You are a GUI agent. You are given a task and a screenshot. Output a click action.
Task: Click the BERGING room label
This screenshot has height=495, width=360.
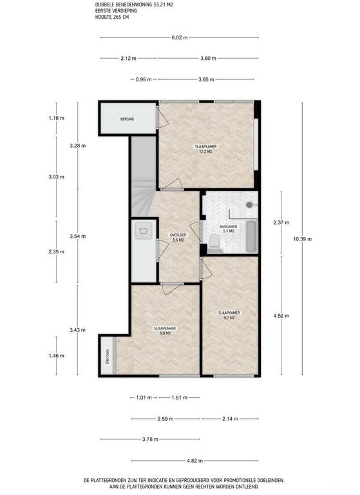click(127, 119)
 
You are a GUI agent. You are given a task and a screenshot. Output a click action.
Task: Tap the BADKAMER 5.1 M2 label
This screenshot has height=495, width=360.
click(229, 229)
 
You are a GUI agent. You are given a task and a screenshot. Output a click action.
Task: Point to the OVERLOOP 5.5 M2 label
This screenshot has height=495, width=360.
click(177, 238)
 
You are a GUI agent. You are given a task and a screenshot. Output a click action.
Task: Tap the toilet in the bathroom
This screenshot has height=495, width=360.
click(214, 240)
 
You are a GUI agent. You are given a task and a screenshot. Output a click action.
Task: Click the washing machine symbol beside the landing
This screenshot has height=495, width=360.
click(143, 231)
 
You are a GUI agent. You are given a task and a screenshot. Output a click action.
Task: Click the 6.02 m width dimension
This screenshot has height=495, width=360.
click(180, 37)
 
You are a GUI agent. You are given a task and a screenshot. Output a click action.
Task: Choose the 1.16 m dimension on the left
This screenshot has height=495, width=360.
click(57, 118)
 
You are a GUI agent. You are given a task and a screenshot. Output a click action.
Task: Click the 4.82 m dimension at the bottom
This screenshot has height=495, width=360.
click(195, 461)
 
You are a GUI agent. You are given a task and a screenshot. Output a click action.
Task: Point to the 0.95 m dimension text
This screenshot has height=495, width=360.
click(143, 80)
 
